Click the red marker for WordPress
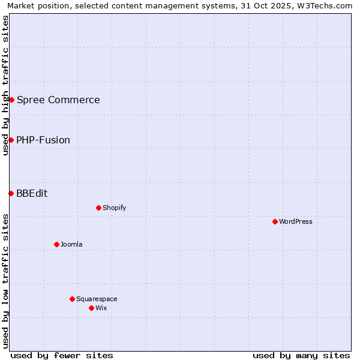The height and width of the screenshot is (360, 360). (275, 221)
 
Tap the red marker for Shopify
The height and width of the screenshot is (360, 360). (98, 208)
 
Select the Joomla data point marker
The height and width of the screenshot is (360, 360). (56, 244)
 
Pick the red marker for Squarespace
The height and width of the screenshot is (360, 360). (72, 299)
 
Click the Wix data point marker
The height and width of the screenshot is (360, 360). (91, 308)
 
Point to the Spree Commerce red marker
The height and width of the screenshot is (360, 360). (11, 100)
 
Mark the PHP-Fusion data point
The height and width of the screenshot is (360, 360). (11, 140)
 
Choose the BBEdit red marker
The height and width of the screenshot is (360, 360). (11, 193)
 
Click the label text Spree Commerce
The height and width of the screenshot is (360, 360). (58, 100)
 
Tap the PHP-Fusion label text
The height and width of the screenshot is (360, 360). (43, 140)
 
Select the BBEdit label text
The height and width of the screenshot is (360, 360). (32, 193)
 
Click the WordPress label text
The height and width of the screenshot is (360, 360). (296, 221)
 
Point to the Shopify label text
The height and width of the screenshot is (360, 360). (114, 208)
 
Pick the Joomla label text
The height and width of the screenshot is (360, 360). (71, 244)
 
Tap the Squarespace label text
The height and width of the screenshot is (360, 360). (97, 299)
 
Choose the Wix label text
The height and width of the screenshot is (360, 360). (101, 308)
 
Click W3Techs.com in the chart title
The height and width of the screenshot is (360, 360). (327, 6)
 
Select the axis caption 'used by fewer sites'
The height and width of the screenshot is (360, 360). (62, 355)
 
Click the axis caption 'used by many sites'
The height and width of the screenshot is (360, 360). (301, 355)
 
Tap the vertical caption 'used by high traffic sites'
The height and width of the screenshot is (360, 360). (6, 85)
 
